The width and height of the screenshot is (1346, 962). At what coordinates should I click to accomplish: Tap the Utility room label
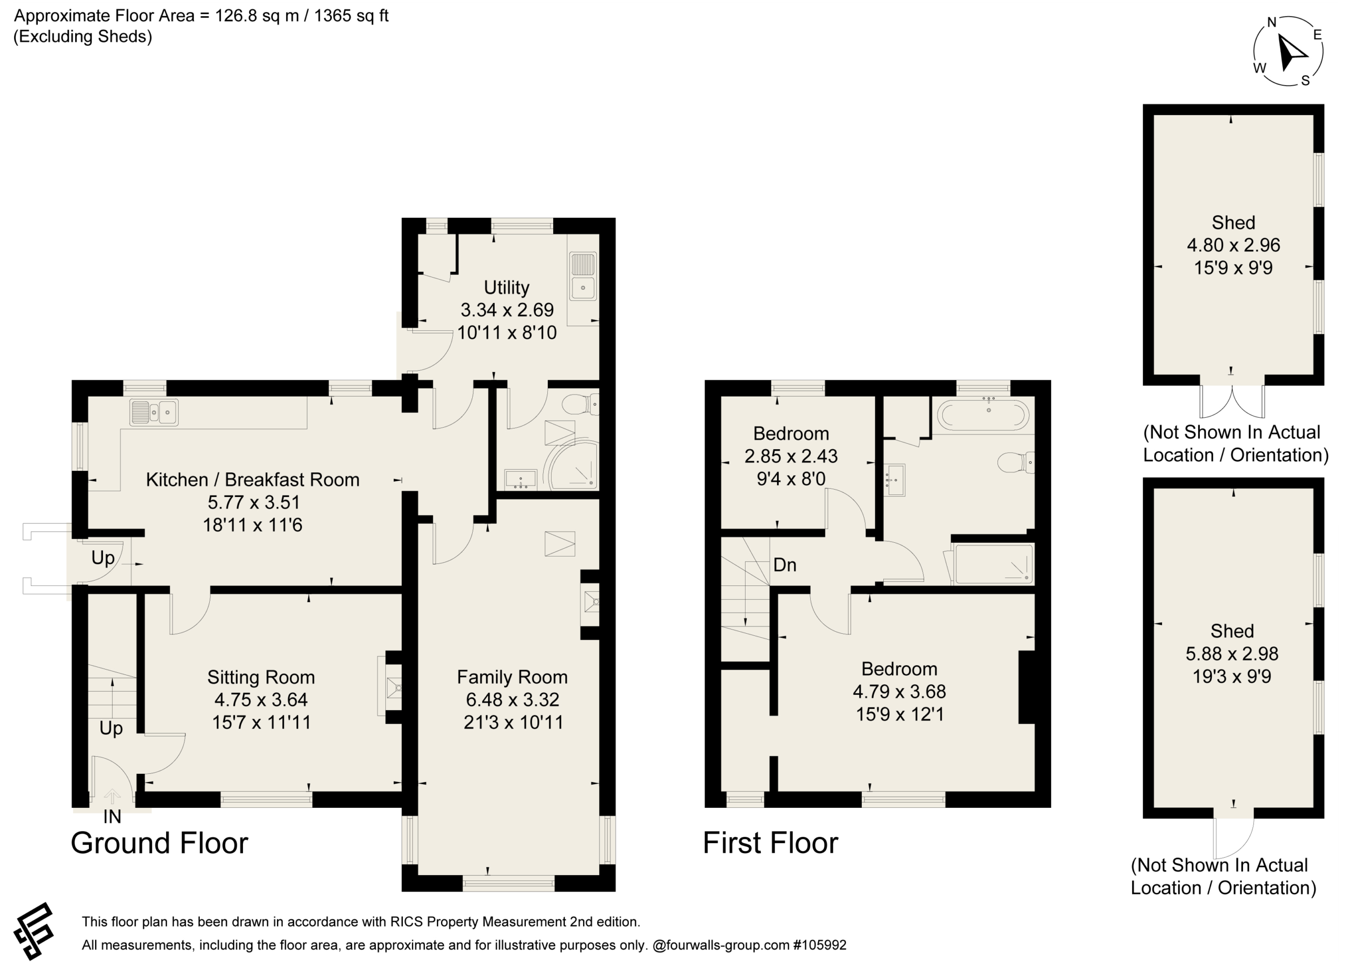(x=506, y=287)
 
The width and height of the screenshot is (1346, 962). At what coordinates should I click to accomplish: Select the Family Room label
(x=512, y=677)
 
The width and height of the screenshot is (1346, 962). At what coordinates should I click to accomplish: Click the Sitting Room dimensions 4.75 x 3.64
(x=261, y=700)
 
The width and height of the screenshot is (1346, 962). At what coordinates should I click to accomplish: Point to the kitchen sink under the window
(x=154, y=412)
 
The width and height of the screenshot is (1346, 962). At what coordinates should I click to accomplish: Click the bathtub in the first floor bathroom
(x=983, y=414)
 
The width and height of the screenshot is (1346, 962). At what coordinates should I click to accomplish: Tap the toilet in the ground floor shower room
(x=580, y=405)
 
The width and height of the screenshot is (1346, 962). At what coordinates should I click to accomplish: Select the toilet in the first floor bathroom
(x=1016, y=462)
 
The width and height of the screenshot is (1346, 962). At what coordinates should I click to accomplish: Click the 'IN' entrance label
(x=112, y=817)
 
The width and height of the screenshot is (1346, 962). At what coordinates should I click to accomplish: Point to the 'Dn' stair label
(x=784, y=565)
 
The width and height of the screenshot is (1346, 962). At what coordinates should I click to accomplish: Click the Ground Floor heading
(x=159, y=843)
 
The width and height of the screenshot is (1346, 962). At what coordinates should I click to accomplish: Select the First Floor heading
(x=770, y=843)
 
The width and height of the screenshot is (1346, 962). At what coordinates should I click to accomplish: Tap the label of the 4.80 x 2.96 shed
(x=1233, y=222)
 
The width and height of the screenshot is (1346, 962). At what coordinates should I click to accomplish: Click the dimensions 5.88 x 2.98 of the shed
(x=1232, y=654)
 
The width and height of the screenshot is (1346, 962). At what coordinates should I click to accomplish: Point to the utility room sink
(x=583, y=276)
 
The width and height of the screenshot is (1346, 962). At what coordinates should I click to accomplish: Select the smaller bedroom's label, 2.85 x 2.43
(x=791, y=456)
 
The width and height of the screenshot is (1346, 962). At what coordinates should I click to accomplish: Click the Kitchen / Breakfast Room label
(x=253, y=480)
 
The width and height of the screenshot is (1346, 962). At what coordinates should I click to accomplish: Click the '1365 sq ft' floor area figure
(x=351, y=16)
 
